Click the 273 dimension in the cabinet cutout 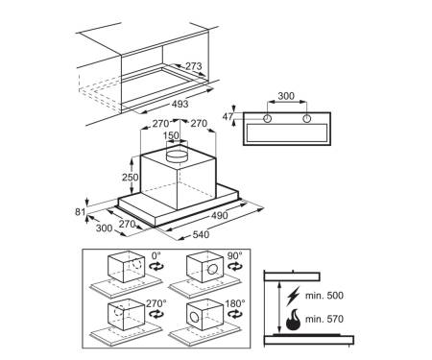pos(194,66)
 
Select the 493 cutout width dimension pos(180,104)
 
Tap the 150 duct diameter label pos(171,135)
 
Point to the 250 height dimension pos(131,177)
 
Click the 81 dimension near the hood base pos(80,212)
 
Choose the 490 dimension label pos(220,215)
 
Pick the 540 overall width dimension pos(201,234)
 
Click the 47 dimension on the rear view pos(228,117)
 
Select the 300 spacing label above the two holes pos(286,96)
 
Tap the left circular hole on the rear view pos(267,119)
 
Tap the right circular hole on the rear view pos(306,119)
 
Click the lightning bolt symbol pos(293,296)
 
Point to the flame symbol pos(293,320)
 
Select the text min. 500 pos(324,295)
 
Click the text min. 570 pos(324,319)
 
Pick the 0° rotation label pos(156,255)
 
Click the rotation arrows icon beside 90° pos(235,266)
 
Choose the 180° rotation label pos(235,303)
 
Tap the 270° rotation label pos(156,303)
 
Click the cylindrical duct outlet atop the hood pos(177,155)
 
